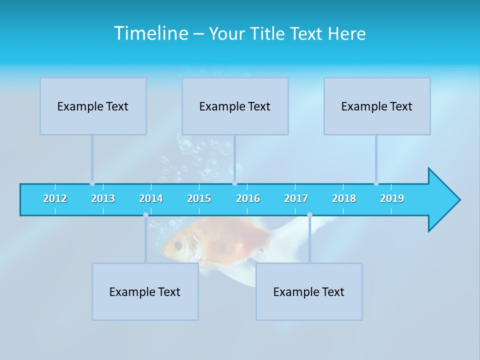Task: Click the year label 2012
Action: pos(55,198)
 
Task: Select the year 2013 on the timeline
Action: pos(103,198)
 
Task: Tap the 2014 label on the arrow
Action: pos(151,198)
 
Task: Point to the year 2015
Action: pos(199,198)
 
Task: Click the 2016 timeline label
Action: pos(248,198)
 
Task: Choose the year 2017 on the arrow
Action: pos(296,198)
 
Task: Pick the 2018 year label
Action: pos(344,198)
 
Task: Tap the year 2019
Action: pos(392,198)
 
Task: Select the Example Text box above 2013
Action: pos(93,106)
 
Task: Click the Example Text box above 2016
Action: pos(235,106)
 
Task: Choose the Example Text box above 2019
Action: pos(377,106)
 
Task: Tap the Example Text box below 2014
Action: pos(145,292)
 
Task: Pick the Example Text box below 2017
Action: pos(309,292)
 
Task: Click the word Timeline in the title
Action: pos(150,33)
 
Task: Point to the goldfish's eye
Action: pos(178,245)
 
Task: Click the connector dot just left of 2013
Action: pos(92,183)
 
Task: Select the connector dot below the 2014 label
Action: pos(145,215)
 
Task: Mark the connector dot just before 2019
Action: pos(376,183)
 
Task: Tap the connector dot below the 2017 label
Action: pos(309,215)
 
